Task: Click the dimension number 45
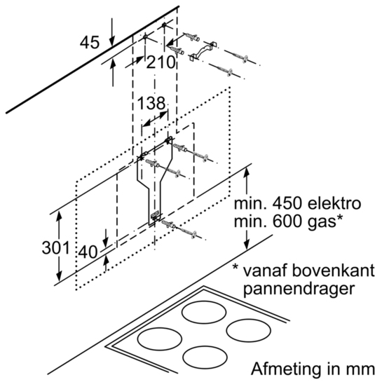click(x=90, y=42)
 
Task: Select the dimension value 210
click(x=161, y=62)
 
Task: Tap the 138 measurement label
click(x=151, y=103)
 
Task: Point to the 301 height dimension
click(x=56, y=248)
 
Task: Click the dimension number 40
click(x=88, y=252)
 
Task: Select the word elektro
click(x=334, y=204)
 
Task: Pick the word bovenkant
click(x=333, y=271)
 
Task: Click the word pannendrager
click(x=299, y=289)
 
